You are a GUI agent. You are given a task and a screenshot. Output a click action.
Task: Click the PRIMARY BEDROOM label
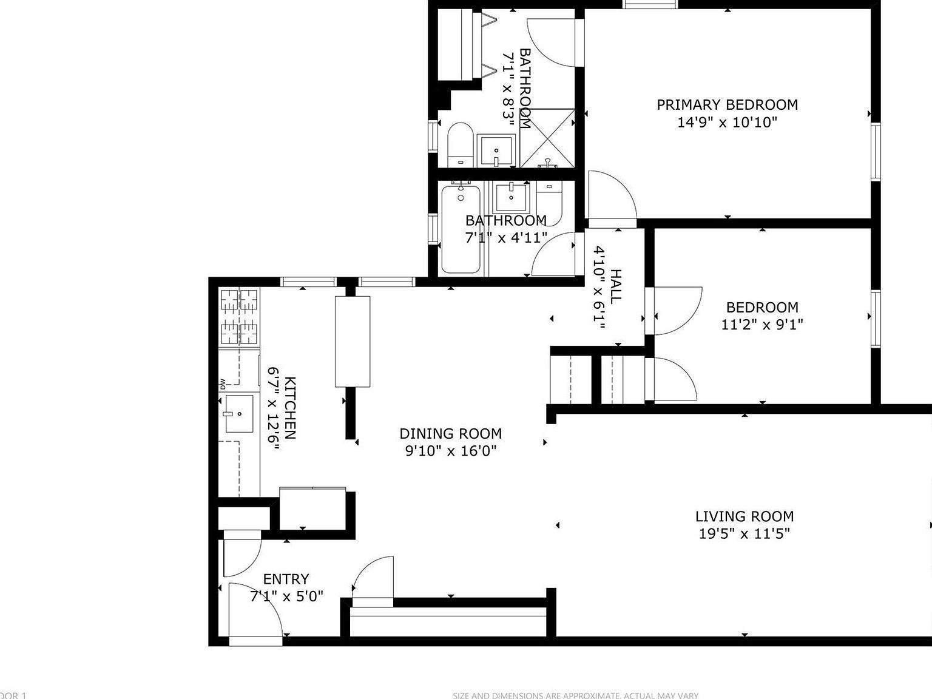[727, 104]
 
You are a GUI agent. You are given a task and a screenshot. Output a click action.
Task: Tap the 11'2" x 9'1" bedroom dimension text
[761, 325]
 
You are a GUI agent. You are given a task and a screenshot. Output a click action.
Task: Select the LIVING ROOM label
[744, 516]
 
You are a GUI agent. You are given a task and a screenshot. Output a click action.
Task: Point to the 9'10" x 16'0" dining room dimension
[450, 451]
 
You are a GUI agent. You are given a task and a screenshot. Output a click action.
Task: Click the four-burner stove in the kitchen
[239, 317]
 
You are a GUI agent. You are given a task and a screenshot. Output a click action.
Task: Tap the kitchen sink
[239, 414]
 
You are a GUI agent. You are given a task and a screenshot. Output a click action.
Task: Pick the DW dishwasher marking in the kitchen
[223, 383]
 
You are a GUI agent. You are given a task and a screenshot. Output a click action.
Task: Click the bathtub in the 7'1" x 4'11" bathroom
[461, 229]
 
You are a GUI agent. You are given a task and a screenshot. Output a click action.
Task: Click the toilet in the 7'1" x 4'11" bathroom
[550, 203]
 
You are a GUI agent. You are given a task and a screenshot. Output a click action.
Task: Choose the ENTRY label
[286, 579]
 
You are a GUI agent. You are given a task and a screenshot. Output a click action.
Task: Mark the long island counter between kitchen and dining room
[353, 341]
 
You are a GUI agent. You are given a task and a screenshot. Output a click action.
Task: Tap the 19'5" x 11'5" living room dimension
[744, 534]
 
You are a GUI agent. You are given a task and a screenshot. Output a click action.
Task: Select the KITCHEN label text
[291, 408]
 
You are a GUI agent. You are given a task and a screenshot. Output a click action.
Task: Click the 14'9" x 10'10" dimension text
[727, 123]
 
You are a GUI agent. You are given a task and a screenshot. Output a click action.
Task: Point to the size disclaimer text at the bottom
[575, 695]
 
